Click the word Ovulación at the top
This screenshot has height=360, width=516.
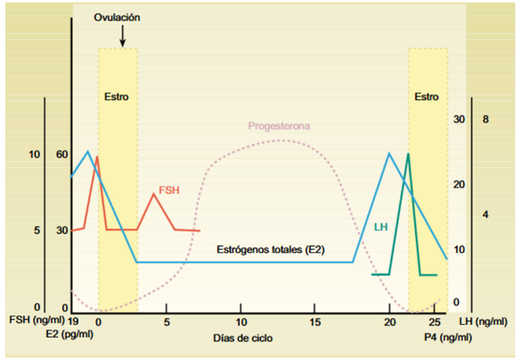coord(118,16)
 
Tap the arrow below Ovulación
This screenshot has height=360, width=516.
coord(122,35)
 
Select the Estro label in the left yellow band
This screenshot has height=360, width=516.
coord(116,98)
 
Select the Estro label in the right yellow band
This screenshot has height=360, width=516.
coord(426,98)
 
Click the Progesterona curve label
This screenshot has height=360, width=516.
coord(278,126)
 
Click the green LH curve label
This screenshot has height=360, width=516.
coord(380,227)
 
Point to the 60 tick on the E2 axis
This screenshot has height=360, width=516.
coord(62,155)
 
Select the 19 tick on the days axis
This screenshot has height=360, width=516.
coord(73,319)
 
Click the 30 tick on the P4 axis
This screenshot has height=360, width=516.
coord(460,119)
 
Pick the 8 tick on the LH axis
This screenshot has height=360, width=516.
coord(485,119)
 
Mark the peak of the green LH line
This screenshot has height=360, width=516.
coord(408,154)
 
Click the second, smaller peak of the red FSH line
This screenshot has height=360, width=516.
coord(154,194)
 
